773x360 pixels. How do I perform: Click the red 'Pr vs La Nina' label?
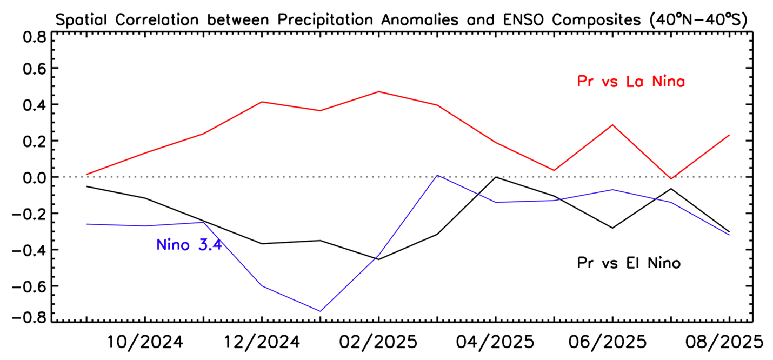point(631,82)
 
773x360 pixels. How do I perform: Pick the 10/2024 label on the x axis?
point(145,342)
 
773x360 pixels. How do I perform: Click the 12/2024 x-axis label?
point(262,342)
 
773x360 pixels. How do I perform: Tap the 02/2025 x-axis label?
point(378,342)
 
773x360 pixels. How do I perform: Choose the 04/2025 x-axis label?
point(495,342)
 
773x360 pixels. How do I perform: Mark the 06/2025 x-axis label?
point(612,342)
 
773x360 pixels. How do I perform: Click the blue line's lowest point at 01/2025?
point(320,311)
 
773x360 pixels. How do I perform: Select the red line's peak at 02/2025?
point(378,91)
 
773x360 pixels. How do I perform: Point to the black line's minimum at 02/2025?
point(378,259)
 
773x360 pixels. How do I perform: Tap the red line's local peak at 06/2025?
point(612,125)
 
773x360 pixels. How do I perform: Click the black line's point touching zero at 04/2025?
point(495,177)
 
